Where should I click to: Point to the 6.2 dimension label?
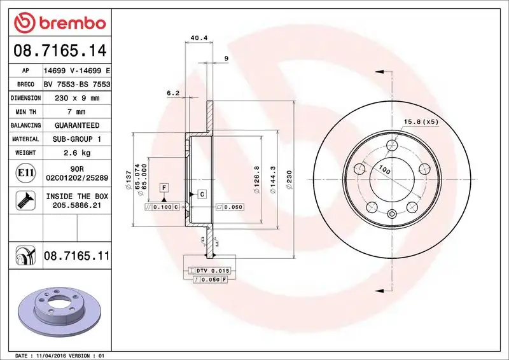(173, 93)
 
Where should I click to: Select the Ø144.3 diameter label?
(272, 181)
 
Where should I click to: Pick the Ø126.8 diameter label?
(256, 176)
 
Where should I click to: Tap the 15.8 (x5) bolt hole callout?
(421, 121)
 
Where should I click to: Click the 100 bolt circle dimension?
(385, 170)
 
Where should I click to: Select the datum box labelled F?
(164, 188)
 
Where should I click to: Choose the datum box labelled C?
(201, 194)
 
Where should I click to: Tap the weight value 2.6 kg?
(77, 153)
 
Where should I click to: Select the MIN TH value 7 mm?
(77, 111)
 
